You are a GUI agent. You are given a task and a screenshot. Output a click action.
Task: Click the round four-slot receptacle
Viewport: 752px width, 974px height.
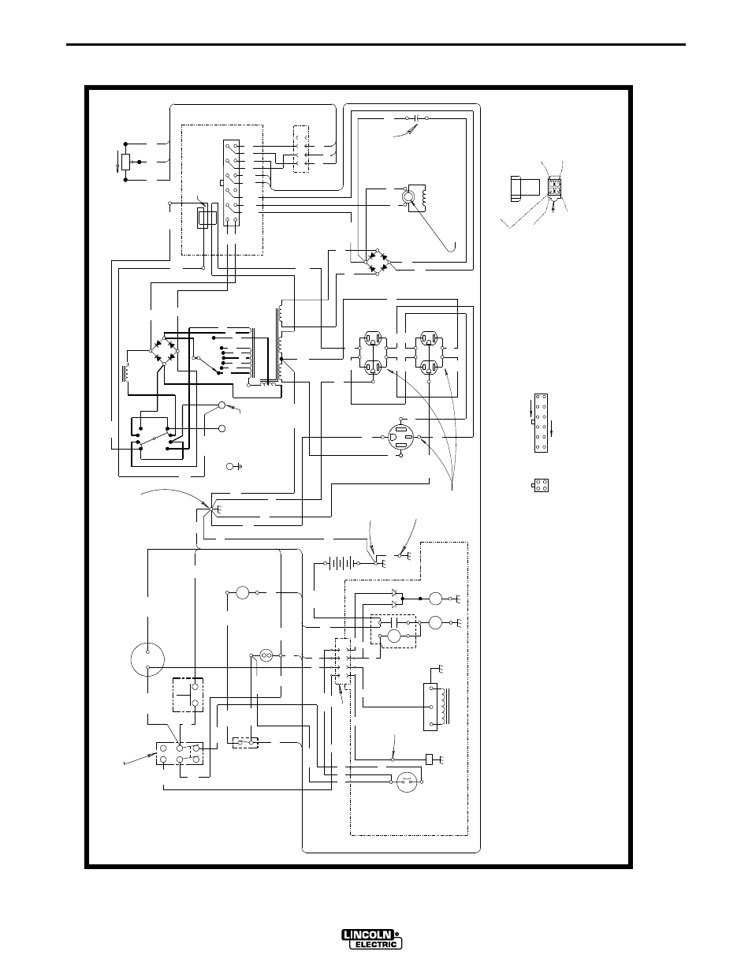pyautogui.click(x=400, y=437)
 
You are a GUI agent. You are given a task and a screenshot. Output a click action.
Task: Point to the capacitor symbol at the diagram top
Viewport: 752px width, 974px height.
pyautogui.click(x=416, y=118)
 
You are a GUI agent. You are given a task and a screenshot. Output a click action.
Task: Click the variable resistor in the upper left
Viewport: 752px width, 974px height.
pyautogui.click(x=126, y=162)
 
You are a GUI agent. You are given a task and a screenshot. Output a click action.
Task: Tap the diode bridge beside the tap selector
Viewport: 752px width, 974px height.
pyautogui.click(x=164, y=350)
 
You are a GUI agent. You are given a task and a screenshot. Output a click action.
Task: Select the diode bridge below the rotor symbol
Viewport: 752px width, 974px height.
pyautogui.click(x=377, y=260)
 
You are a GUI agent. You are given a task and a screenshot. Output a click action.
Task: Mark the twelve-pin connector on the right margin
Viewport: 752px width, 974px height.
pyautogui.click(x=541, y=423)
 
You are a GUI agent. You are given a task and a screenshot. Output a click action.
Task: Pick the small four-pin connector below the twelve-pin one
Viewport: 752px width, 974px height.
pyautogui.click(x=541, y=486)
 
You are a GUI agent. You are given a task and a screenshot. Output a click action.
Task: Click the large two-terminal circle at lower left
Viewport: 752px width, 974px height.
pyautogui.click(x=148, y=659)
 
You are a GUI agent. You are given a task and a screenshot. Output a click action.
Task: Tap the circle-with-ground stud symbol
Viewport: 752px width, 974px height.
pyautogui.click(x=233, y=467)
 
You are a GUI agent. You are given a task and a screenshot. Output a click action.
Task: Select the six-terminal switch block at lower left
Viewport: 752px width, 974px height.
pyautogui.click(x=180, y=754)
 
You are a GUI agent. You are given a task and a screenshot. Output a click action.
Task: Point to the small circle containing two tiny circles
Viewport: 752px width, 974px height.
pyautogui.click(x=267, y=656)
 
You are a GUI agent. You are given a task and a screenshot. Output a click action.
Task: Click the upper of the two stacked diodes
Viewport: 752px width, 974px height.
pyautogui.click(x=395, y=592)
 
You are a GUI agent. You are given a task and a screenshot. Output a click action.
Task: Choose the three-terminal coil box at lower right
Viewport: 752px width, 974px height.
pyautogui.click(x=430, y=707)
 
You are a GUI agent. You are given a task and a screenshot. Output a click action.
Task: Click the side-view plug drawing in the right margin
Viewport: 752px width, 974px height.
pyautogui.click(x=525, y=189)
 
